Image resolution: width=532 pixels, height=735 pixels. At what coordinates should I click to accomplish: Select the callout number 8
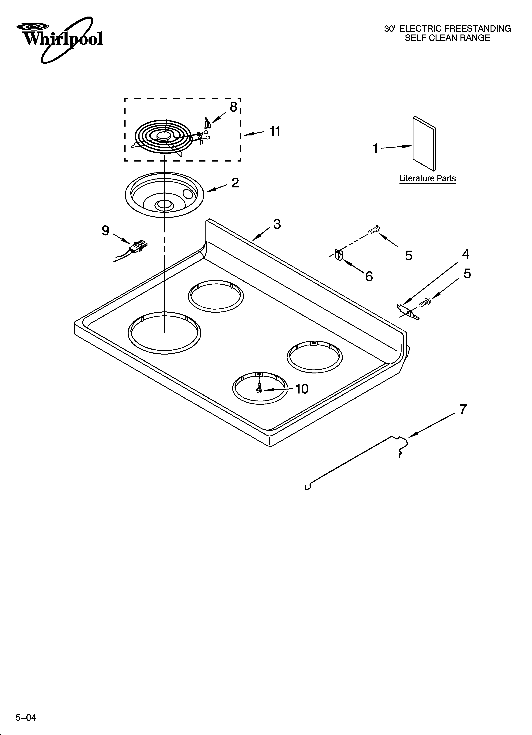pyautogui.click(x=233, y=107)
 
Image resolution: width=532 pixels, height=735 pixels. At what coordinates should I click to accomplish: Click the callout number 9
pyautogui.click(x=106, y=231)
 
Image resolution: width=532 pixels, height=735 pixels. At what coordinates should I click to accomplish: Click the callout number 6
pyautogui.click(x=369, y=276)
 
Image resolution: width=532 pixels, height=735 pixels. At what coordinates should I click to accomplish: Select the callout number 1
pyautogui.click(x=375, y=149)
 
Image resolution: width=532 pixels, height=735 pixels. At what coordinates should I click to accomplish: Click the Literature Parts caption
pyautogui.click(x=427, y=179)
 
